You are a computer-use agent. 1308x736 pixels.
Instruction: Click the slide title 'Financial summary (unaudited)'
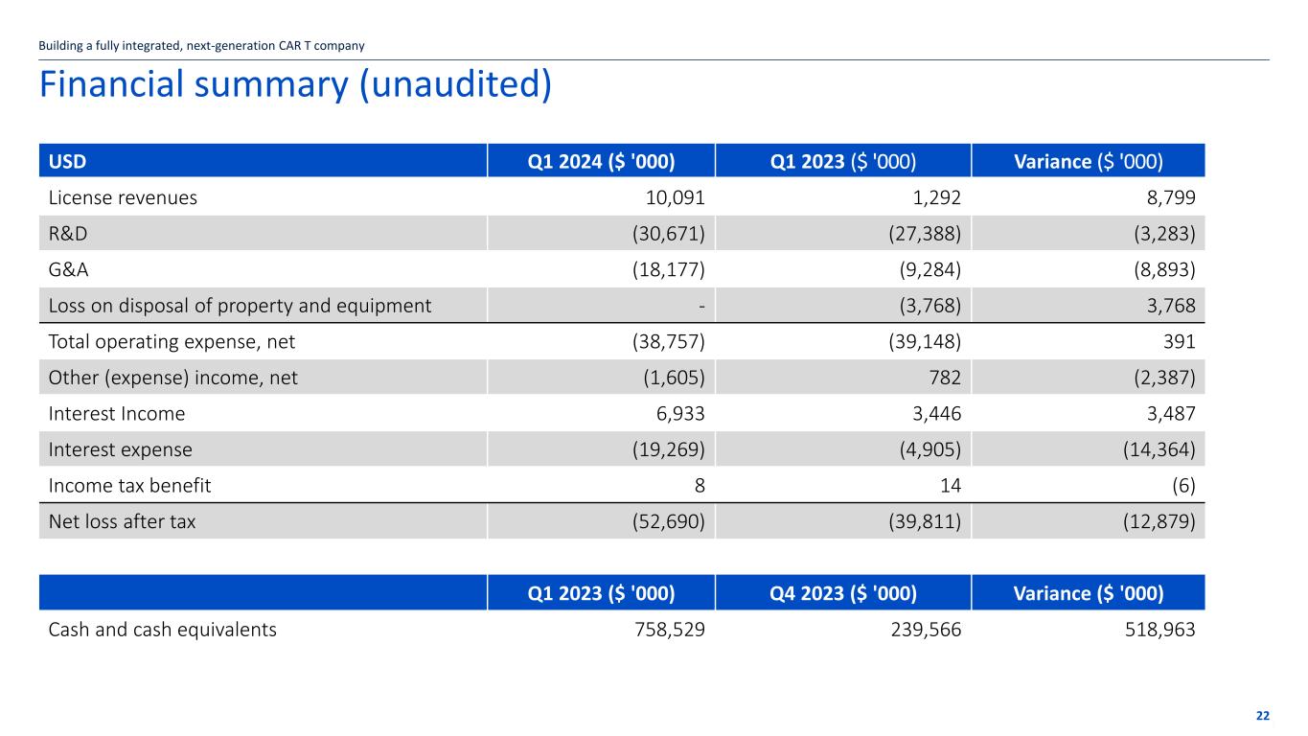click(295, 85)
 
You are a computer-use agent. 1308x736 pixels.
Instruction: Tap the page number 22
click(1262, 716)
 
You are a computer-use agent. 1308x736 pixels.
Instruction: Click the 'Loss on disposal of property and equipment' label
click(240, 306)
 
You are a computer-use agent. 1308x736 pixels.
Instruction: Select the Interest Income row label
click(117, 414)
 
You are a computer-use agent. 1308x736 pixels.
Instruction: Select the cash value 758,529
click(663, 630)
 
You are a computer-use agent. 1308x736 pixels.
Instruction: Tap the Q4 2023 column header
click(843, 593)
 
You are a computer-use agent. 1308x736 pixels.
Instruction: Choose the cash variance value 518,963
click(1153, 630)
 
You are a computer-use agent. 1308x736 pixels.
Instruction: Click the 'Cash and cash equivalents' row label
click(163, 630)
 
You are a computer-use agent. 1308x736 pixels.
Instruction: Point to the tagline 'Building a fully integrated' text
click(201, 45)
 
